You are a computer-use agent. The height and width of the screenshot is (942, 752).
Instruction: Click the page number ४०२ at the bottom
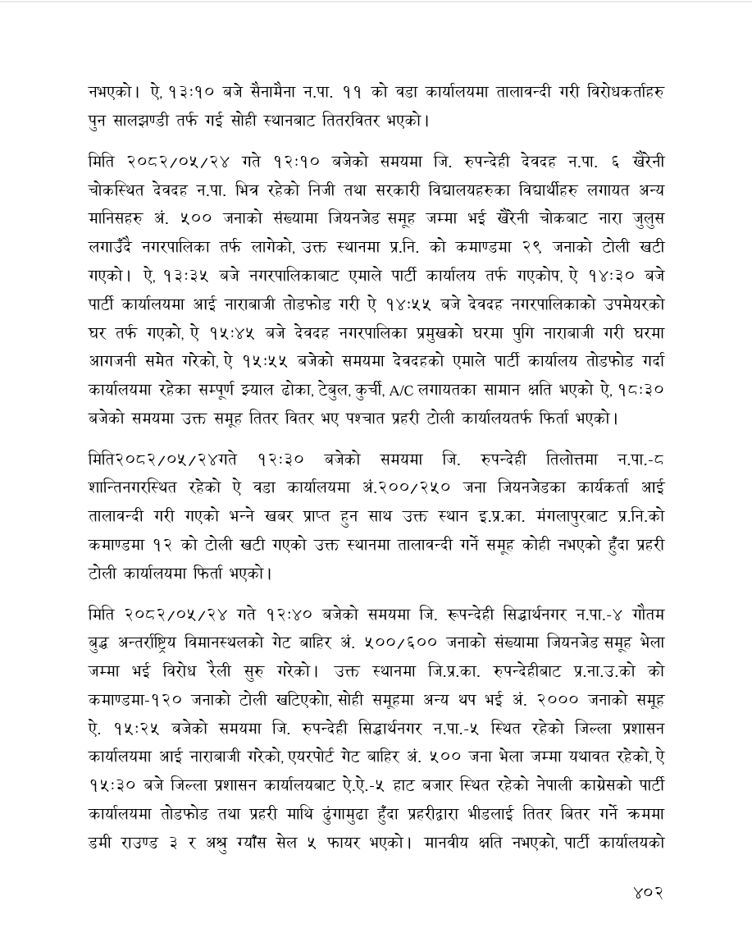point(647,891)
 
